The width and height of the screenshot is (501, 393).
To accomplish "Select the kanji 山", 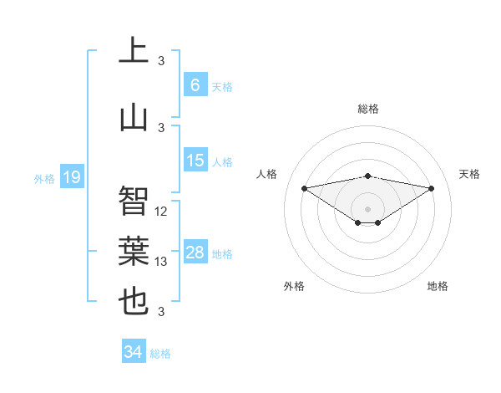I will (134, 117).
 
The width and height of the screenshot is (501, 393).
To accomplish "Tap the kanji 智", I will (134, 201).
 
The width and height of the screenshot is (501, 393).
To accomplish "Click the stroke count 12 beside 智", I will (161, 212).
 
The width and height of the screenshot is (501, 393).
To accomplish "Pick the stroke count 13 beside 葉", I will (161, 262).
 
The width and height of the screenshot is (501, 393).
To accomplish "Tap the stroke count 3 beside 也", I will (161, 312).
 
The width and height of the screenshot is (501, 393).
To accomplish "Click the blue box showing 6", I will (195, 85).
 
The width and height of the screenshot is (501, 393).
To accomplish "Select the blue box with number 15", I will (195, 161).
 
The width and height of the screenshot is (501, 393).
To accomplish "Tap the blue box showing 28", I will (195, 253).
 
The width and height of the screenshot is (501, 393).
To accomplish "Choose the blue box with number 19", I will (71, 176).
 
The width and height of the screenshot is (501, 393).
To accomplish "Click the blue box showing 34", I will (133, 352).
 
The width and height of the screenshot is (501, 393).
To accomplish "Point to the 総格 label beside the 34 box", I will (160, 354).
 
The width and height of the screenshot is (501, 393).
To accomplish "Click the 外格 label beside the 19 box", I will (43, 178).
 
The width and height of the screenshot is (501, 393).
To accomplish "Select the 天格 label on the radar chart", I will (469, 174).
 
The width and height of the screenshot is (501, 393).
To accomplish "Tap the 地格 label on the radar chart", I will (438, 286).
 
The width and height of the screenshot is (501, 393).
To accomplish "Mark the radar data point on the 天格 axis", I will (431, 188).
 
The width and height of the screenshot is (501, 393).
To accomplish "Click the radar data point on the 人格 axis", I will (304, 187).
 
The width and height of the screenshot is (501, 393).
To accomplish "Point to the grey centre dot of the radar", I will (367, 208).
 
